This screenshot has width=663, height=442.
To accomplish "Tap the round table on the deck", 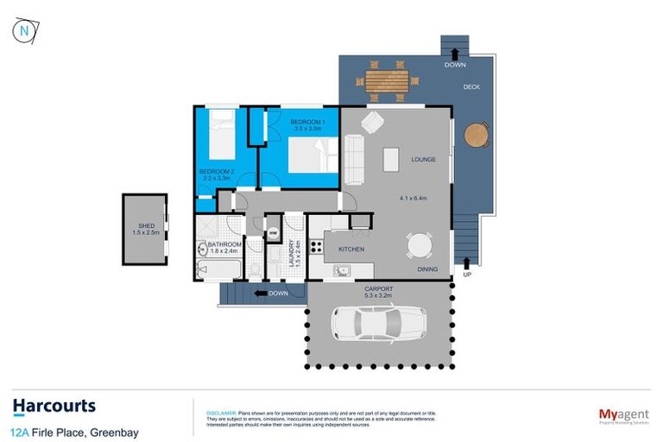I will coord(476,135).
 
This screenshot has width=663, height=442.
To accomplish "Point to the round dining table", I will coord(420,245).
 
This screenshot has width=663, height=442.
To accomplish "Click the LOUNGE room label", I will coord(423,159).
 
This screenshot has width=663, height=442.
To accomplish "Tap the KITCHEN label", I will coord(350,249).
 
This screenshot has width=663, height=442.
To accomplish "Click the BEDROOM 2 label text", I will coord(217,172).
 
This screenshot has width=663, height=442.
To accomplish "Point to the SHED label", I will coord(146,225).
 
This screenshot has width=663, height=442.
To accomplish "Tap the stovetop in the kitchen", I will coord(316,248).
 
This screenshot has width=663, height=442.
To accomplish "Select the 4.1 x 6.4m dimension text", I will coord(414,198).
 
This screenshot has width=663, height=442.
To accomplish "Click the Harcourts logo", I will coord(54,406).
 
